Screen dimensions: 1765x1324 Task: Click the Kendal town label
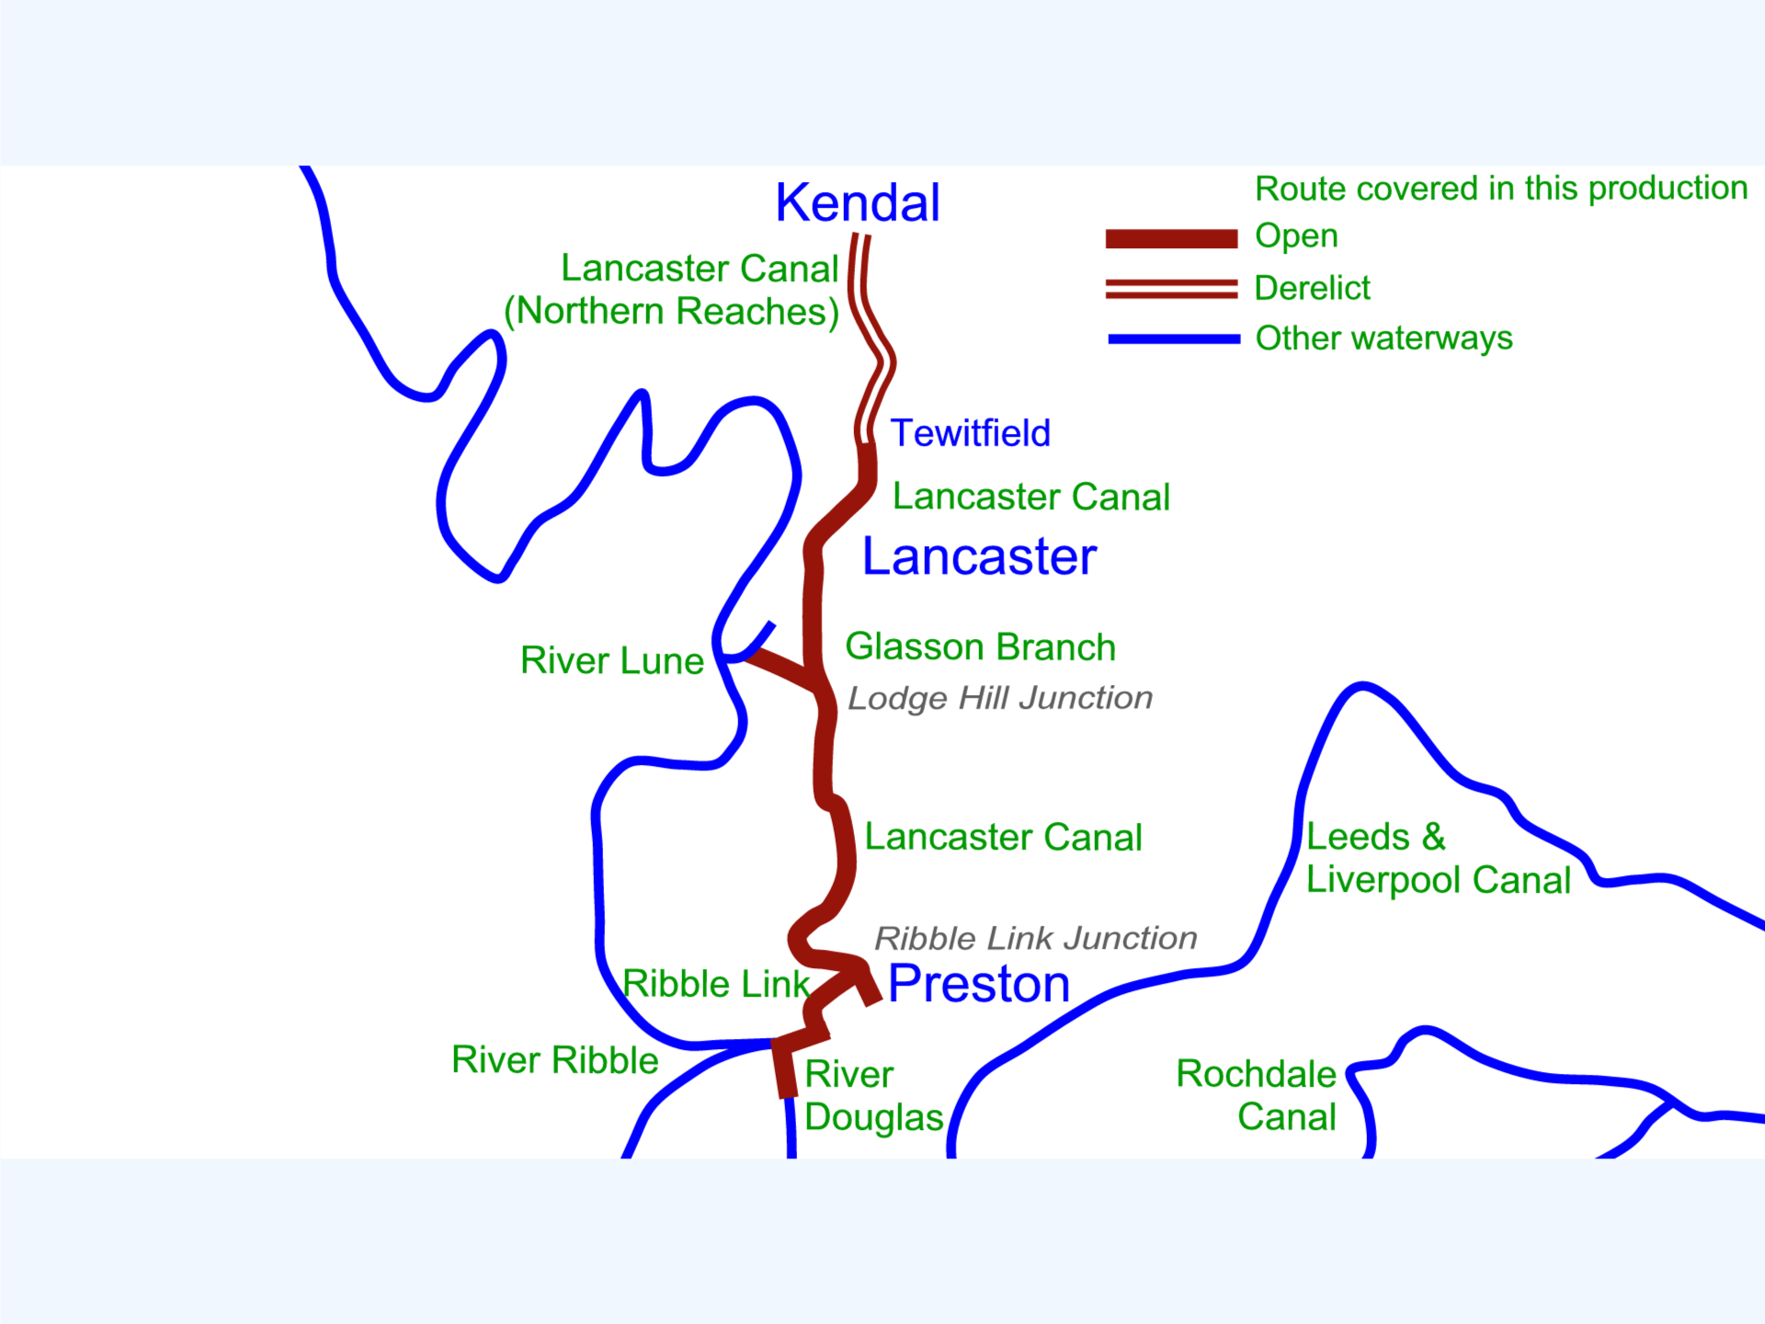click(x=858, y=202)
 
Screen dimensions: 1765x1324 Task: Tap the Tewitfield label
click(x=971, y=433)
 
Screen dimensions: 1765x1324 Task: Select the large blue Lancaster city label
click(x=979, y=556)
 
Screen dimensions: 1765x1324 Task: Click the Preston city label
click(x=979, y=983)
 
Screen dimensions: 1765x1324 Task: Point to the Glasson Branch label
click(x=980, y=646)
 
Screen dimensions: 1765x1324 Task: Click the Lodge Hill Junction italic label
click(x=1000, y=698)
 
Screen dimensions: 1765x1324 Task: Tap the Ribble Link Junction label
click(x=1036, y=938)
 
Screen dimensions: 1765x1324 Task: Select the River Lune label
click(x=612, y=660)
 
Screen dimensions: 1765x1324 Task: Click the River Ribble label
click(x=555, y=1060)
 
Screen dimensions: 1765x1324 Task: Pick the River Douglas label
click(x=873, y=1096)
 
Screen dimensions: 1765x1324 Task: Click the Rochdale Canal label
click(x=1257, y=1095)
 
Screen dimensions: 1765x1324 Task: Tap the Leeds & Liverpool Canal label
click(x=1439, y=859)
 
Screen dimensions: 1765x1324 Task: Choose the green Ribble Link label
click(x=716, y=984)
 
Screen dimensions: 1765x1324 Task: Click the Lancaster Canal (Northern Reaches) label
click(x=672, y=291)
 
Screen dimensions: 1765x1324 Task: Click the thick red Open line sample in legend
click(x=1171, y=239)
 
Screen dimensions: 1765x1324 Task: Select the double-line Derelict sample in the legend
click(x=1171, y=289)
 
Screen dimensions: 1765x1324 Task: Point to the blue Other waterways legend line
click(x=1174, y=339)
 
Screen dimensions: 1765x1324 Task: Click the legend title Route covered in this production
click(x=1501, y=188)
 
